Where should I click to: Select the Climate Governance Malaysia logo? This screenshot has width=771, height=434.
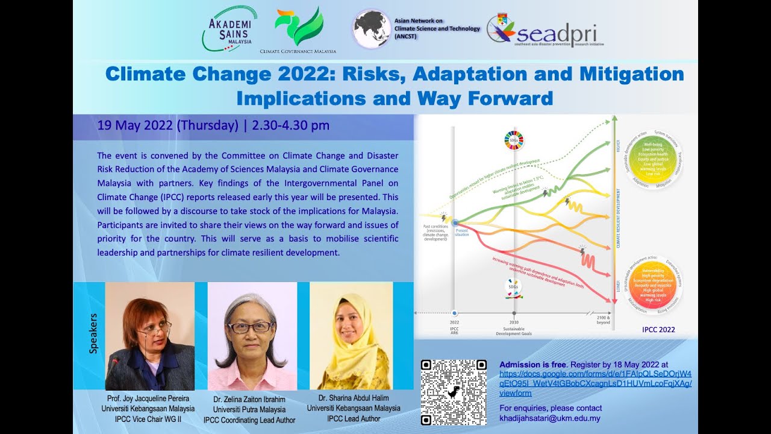(298, 30)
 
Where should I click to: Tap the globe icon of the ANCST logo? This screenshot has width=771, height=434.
(371, 29)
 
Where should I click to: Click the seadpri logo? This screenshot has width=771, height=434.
(545, 30)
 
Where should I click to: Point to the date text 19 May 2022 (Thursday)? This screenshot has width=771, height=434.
(168, 125)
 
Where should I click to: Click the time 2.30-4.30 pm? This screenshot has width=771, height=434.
(291, 125)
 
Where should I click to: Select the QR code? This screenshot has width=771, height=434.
(453, 392)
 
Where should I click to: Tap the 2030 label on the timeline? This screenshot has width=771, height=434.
(514, 322)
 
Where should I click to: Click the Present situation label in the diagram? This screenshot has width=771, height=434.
(461, 232)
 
